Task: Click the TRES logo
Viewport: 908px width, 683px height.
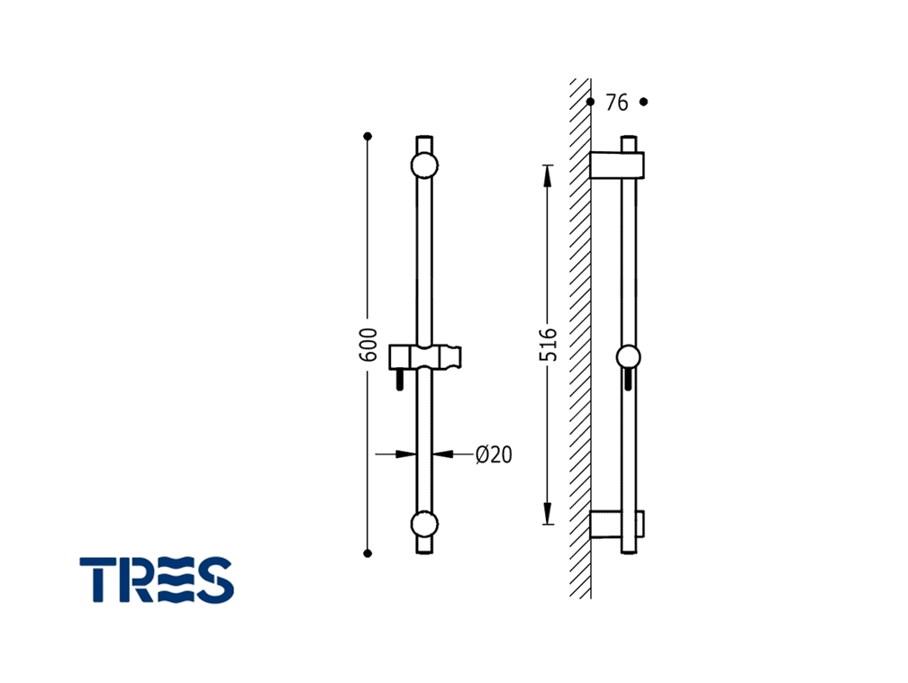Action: [x=157, y=580]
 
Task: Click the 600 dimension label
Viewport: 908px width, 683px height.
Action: [x=368, y=346]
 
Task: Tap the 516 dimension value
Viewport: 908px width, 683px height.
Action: [x=548, y=345]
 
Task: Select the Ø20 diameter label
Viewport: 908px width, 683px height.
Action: [x=494, y=454]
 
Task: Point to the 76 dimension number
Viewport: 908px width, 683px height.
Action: [x=617, y=103]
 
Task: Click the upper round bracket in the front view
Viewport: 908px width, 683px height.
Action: [x=424, y=166]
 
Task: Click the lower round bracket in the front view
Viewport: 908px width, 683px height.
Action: [x=424, y=525]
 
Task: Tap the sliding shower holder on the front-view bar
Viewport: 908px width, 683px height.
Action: [x=425, y=357]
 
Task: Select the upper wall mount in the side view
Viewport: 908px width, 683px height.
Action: [x=617, y=166]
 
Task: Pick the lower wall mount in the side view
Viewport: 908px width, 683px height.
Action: [x=617, y=526]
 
